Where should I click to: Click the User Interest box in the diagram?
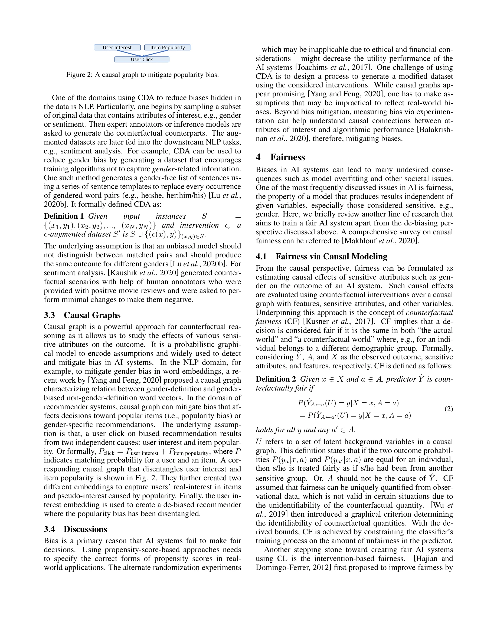[x=117, y=47]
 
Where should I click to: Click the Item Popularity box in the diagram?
[x=168, y=47]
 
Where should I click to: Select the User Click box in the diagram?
[x=142, y=60]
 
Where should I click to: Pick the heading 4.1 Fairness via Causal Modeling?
[x=321, y=257]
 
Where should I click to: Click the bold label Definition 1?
[x=64, y=216]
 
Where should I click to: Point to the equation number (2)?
[x=449, y=409]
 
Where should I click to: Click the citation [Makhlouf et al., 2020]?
[x=380, y=241]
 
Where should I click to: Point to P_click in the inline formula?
[x=106, y=452]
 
